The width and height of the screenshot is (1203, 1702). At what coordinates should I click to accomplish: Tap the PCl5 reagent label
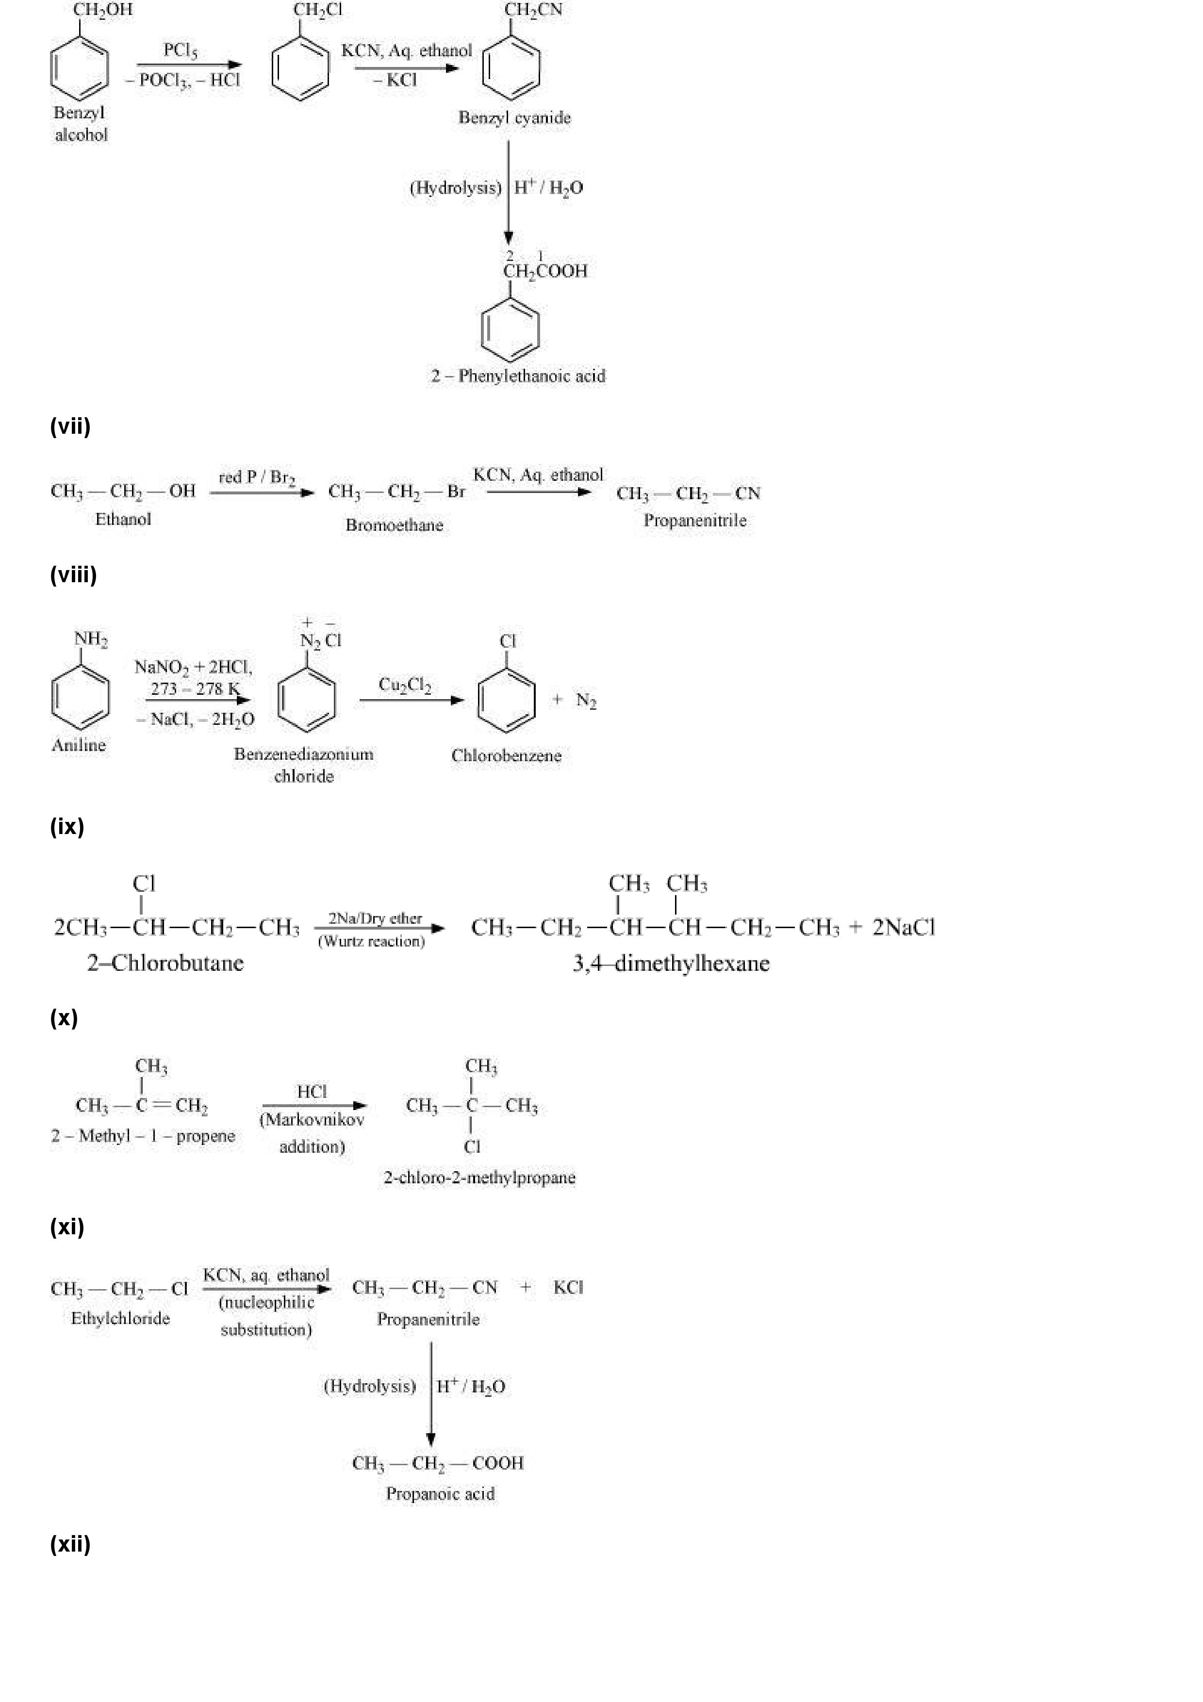pyautogui.click(x=180, y=50)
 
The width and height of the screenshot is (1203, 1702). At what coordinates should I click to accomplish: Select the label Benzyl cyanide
pyautogui.click(x=514, y=117)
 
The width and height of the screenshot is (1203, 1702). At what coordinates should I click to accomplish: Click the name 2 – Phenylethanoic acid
pyautogui.click(x=517, y=376)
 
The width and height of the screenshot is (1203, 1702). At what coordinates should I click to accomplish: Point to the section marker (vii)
pyautogui.click(x=70, y=426)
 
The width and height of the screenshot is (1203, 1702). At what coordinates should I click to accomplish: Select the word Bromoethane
pyautogui.click(x=395, y=525)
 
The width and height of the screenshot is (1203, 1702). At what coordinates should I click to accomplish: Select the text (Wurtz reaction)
pyautogui.click(x=371, y=941)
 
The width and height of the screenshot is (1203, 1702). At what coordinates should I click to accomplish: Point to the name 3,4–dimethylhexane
pyautogui.click(x=671, y=964)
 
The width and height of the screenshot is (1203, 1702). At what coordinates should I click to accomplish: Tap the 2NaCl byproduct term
pyautogui.click(x=904, y=927)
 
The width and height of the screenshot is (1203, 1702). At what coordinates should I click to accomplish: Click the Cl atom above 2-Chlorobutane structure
pyautogui.click(x=144, y=884)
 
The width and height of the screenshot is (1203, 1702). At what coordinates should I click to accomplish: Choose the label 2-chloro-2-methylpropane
pyautogui.click(x=479, y=1177)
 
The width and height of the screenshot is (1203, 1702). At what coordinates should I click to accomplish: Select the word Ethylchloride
pyautogui.click(x=120, y=1318)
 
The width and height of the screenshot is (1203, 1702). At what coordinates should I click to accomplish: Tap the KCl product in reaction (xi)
pyautogui.click(x=568, y=1288)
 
